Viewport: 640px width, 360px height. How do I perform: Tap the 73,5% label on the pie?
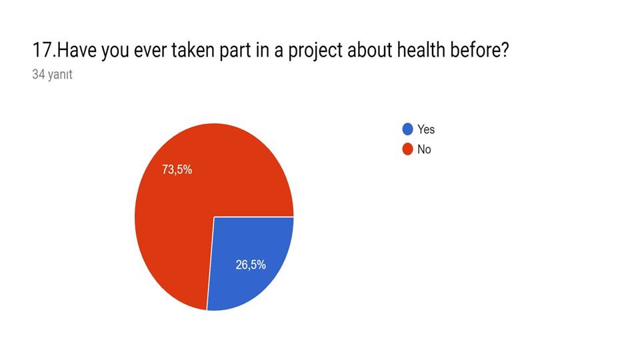pos(177,169)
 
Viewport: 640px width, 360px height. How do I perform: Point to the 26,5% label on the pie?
pos(251,265)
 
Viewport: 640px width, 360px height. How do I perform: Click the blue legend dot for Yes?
pos(407,129)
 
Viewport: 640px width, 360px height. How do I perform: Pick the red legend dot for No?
pos(407,149)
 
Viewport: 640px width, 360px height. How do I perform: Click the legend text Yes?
pos(426,129)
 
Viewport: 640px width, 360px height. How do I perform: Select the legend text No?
pos(424,149)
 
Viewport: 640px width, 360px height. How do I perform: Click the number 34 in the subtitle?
pos(38,75)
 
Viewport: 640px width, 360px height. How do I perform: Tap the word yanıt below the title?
pos(59,75)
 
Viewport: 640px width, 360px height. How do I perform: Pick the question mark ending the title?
pos(504,51)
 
